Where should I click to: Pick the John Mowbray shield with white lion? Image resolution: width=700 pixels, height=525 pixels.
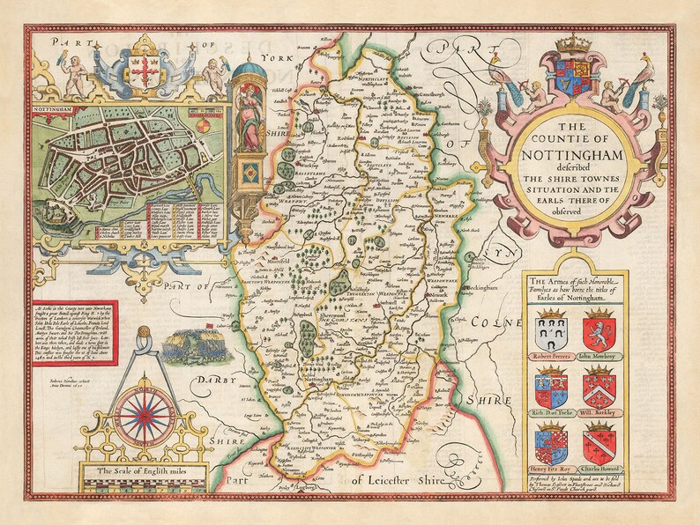(x=599, y=331)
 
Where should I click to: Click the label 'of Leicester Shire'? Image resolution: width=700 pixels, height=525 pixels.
(x=405, y=479)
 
